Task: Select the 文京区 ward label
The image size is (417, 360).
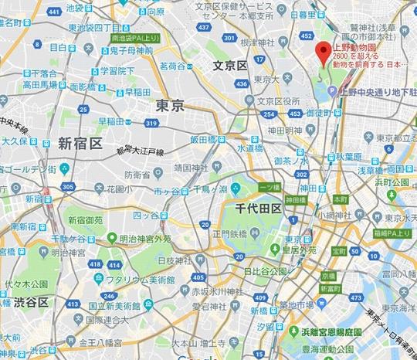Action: tap(230, 66)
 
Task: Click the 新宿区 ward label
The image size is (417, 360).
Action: tap(80, 143)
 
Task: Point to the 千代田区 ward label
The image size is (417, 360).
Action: tap(258, 208)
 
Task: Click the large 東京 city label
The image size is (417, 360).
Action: tap(170, 105)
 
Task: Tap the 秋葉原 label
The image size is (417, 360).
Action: tap(354, 155)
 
